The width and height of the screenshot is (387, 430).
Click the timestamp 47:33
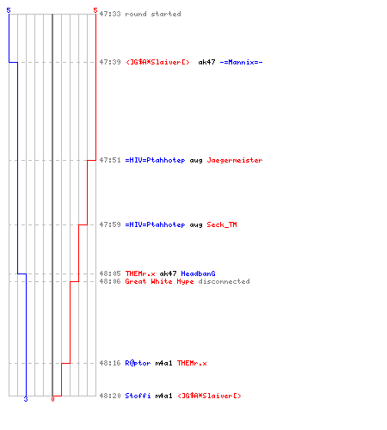tap(110, 14)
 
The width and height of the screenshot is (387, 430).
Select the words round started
tap(153, 14)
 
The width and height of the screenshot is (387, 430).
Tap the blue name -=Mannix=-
tap(241, 62)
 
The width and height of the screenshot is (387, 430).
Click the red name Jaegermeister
tap(235, 160)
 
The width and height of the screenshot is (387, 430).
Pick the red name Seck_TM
tap(222, 224)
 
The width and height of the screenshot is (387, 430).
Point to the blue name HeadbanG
tap(198, 273)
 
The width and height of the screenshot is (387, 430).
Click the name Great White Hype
tap(159, 281)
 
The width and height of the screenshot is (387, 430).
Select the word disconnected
tap(224, 281)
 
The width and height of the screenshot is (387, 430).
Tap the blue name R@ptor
tap(138, 363)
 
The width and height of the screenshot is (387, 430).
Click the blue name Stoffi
tap(138, 396)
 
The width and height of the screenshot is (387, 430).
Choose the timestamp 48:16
tap(110, 363)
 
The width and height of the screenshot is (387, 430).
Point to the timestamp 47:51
tap(110, 160)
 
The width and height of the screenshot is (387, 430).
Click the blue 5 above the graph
tap(9, 10)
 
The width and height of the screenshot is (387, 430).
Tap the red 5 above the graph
tap(95, 10)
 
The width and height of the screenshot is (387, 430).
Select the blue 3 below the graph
tap(26, 399)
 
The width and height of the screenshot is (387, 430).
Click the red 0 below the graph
tap(52, 399)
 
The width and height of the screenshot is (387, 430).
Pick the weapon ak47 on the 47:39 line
tap(206, 62)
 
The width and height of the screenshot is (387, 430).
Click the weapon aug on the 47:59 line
tap(196, 225)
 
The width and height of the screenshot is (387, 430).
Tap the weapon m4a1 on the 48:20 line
tap(163, 396)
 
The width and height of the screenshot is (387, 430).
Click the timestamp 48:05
tap(110, 273)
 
